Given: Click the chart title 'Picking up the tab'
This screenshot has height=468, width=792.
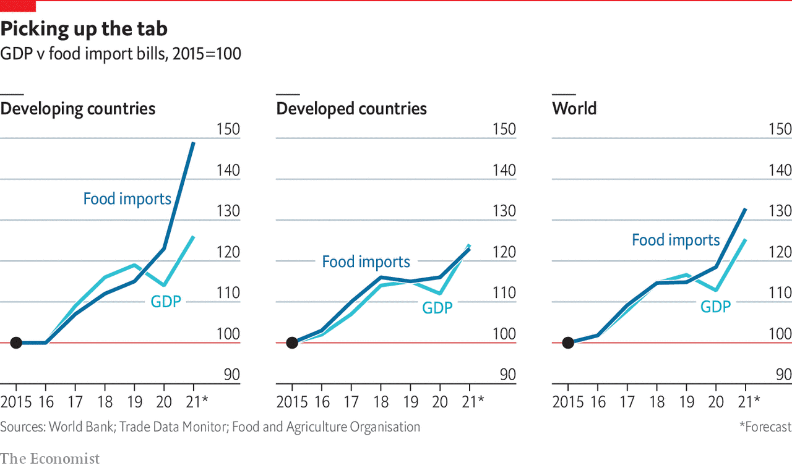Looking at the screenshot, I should (x=84, y=29).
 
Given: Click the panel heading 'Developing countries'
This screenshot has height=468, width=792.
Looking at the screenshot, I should (x=78, y=109).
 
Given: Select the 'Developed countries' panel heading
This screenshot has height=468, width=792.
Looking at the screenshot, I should (x=351, y=109).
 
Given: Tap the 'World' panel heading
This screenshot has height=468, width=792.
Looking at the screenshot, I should (x=574, y=109).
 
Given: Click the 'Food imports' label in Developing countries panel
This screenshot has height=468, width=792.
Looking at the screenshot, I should (x=127, y=199).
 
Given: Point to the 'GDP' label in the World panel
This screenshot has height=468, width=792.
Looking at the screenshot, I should (x=715, y=306).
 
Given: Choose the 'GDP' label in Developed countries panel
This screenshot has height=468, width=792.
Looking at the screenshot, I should (x=437, y=307).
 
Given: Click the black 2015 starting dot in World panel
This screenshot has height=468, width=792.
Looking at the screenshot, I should (x=568, y=342).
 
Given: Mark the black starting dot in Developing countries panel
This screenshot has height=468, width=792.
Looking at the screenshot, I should (x=16, y=342).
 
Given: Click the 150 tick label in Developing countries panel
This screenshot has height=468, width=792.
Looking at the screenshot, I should (x=227, y=129).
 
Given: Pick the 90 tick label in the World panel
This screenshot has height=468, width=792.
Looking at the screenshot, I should (x=783, y=375).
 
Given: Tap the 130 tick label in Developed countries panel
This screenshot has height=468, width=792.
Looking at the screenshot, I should (x=503, y=211).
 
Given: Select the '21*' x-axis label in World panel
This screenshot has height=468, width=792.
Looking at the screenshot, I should (x=749, y=402).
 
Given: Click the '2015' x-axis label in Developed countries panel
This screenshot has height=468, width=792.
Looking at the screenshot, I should (x=292, y=402).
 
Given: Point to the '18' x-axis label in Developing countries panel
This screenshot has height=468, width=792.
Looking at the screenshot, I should (x=105, y=402).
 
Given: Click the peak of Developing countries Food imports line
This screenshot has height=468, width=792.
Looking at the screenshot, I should (x=193, y=143).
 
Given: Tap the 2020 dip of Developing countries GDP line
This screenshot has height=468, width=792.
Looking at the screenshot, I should (x=163, y=285).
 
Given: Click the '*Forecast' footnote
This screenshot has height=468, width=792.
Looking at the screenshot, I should (x=765, y=427).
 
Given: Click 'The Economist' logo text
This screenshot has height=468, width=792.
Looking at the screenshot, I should (x=49, y=459).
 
